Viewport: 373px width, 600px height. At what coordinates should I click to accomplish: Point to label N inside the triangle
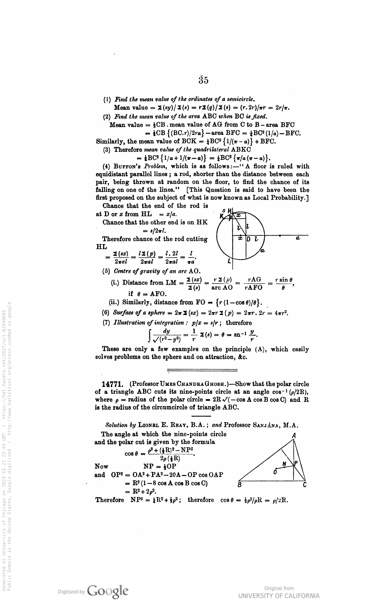click(x=284, y=463)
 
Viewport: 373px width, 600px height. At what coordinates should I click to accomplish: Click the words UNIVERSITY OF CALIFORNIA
click(x=279, y=595)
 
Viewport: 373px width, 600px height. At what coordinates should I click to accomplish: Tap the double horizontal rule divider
click(x=202, y=370)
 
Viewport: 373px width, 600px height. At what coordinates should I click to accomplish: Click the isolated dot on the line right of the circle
click(x=280, y=235)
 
